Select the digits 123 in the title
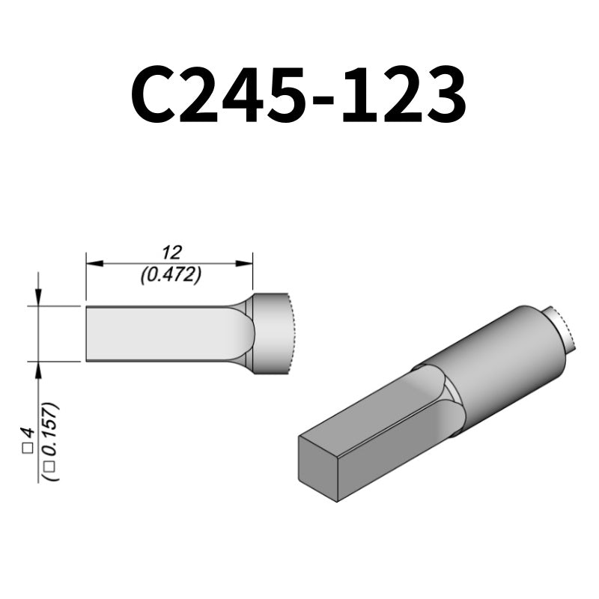407,97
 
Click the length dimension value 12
171,252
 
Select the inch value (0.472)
171,275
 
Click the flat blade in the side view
165,334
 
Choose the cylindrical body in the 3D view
494,359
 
